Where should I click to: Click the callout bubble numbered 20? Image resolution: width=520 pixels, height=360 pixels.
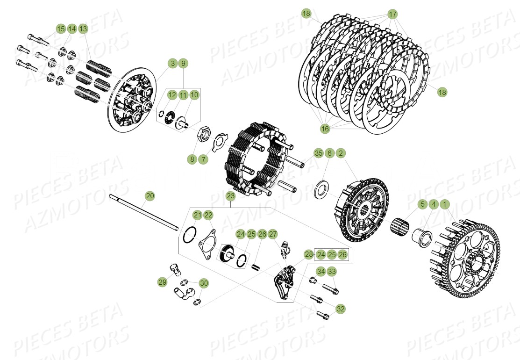coord(149,195)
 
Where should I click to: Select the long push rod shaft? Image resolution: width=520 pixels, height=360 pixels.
coord(140,211)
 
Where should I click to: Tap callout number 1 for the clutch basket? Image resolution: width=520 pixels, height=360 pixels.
coord(444,204)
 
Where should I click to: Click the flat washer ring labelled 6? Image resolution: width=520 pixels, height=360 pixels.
coord(321,189)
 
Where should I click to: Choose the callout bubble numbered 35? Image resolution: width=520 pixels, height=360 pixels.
coord(318,153)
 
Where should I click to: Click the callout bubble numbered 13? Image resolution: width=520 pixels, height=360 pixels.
coord(83,29)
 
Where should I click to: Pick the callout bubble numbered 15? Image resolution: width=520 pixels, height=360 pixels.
coord(61,29)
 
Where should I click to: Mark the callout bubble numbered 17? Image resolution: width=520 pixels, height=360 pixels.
coord(392,13)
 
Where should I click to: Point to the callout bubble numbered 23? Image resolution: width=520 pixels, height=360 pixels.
coord(231,196)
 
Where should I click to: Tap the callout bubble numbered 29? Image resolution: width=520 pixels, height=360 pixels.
coord(162,282)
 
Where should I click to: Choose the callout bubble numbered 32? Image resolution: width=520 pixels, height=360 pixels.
coord(341,309)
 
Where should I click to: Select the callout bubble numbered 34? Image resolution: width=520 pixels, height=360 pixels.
coord(321,271)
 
